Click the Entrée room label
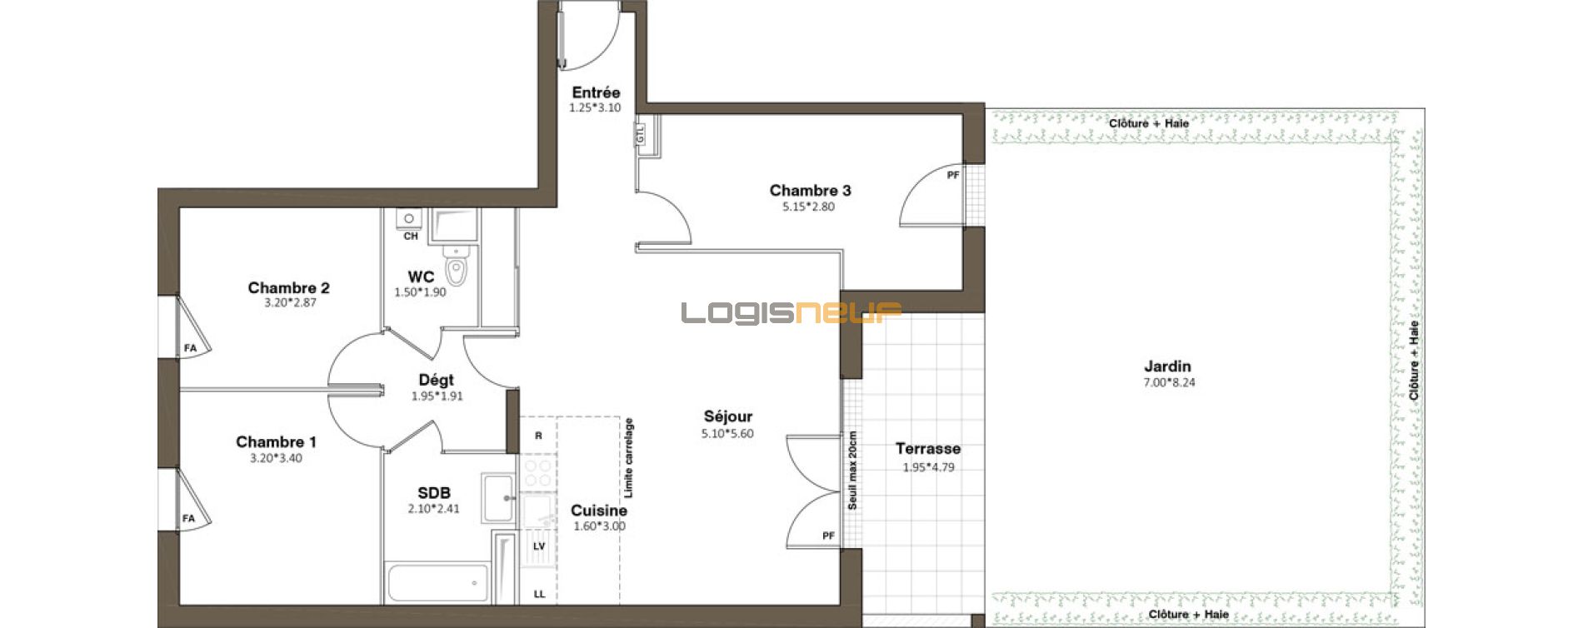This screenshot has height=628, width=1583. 596,92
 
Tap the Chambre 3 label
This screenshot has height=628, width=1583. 810,191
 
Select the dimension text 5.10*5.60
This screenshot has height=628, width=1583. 727,433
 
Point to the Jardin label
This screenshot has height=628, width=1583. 1167,366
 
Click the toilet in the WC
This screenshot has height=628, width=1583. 456,267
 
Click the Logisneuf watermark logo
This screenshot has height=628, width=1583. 791,313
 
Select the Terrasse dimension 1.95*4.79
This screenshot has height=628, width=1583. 928,467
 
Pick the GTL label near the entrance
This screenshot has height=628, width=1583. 641,134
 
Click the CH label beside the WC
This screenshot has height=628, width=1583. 411,237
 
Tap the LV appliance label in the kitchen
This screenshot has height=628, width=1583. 539,546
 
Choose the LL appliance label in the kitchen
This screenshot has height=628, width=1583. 539,594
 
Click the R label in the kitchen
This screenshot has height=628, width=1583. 539,436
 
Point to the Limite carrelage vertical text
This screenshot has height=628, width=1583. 629,458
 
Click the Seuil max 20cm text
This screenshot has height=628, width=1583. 852,471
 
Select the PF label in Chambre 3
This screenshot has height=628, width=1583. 953,176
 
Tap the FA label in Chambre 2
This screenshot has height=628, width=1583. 191,348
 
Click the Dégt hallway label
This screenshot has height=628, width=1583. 436,381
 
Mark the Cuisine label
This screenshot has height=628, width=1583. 599,511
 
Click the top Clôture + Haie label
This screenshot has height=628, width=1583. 1149,123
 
